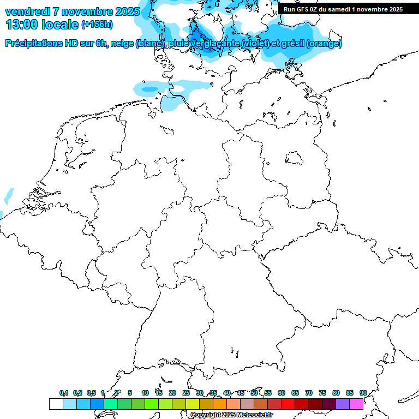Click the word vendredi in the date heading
point(28,11)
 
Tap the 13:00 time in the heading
point(22,24)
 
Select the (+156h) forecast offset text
point(97,25)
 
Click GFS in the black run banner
point(306,9)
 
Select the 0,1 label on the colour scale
point(63,393)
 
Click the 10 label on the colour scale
point(145,393)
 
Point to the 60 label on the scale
point(281,393)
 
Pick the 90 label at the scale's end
point(363,393)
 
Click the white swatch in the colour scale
point(56,404)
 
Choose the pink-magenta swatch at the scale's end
point(356,404)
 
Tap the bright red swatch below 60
point(288,404)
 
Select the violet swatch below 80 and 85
point(343,404)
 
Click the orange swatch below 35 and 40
point(219,404)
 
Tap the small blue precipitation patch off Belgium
point(9,195)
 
